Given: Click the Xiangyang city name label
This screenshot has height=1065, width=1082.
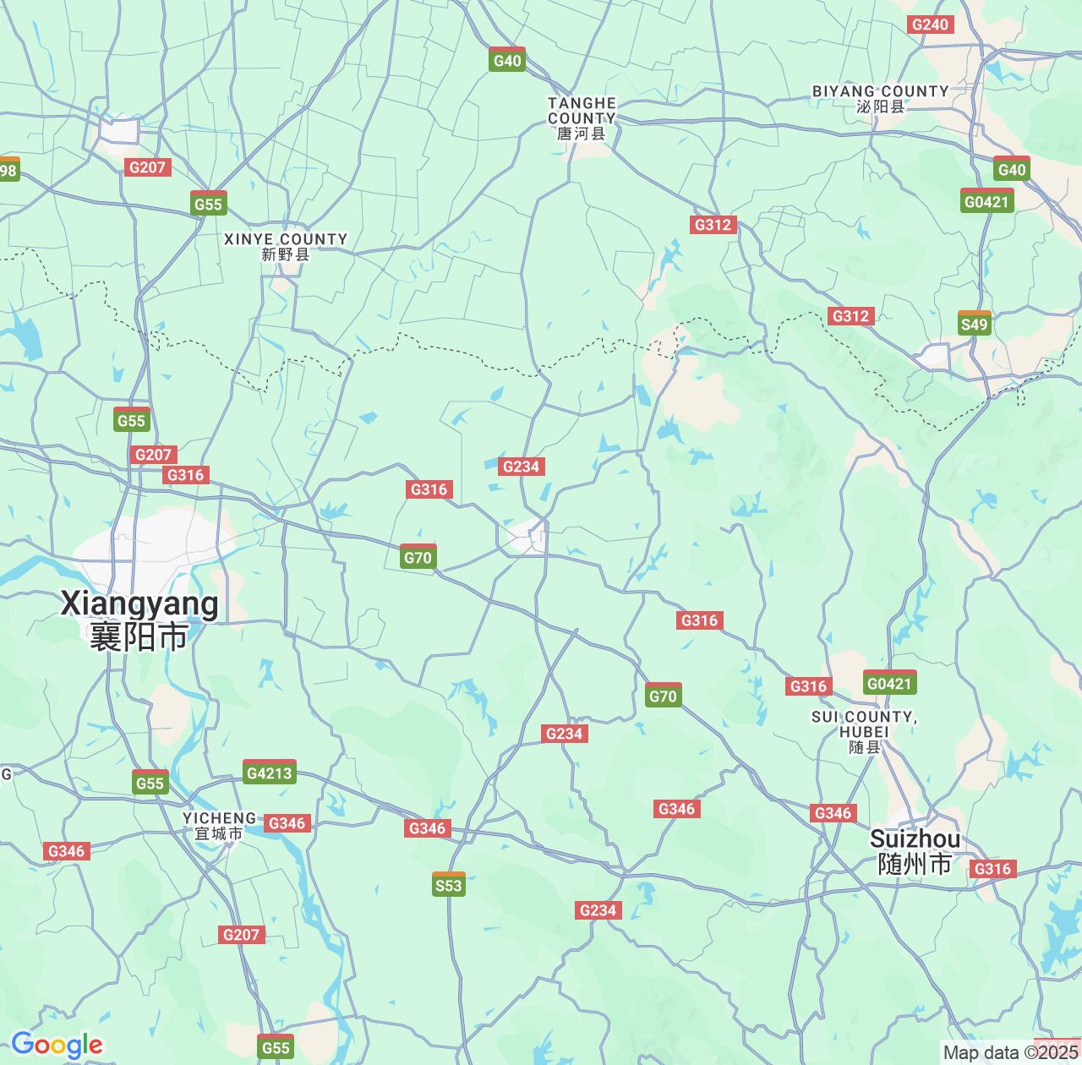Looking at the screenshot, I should click(139, 620).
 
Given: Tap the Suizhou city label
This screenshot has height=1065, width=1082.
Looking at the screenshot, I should click(915, 850).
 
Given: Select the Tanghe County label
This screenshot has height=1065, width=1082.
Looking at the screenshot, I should click(582, 117).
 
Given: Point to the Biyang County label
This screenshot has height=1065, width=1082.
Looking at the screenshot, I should click(880, 98).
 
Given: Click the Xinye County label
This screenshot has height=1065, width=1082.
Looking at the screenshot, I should click(286, 246).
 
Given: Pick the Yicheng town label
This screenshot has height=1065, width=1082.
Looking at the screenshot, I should click(220, 825).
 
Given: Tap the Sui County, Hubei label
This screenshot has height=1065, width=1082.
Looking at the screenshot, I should click(864, 731).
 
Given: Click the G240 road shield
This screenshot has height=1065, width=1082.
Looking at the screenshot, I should click(930, 25).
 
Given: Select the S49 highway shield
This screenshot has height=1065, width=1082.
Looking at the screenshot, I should click(975, 324).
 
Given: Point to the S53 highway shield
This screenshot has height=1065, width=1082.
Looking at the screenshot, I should click(449, 884).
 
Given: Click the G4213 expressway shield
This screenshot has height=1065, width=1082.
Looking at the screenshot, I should click(269, 772).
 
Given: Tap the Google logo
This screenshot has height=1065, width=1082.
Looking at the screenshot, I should click(57, 1045).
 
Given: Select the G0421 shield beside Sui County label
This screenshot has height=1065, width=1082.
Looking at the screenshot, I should click(890, 682).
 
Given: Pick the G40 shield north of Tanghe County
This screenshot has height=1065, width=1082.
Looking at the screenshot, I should click(507, 60).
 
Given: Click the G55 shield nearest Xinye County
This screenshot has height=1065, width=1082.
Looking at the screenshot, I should click(208, 204).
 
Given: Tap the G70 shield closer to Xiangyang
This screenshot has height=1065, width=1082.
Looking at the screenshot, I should click(418, 556).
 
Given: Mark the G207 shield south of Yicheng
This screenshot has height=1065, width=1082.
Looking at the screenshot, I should click(241, 934).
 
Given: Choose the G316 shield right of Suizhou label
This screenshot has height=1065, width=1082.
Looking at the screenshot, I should click(992, 869).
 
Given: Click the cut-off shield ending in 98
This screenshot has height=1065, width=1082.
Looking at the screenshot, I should click(8, 171).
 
